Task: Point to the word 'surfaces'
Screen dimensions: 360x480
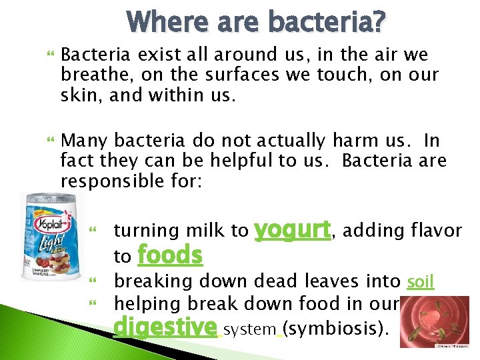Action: (228, 75)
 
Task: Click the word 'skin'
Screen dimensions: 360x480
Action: (79, 95)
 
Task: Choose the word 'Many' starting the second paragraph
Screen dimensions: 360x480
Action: (84, 141)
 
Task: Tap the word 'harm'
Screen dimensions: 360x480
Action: (358, 141)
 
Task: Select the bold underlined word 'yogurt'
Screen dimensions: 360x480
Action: (293, 230)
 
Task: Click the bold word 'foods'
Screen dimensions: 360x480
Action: (169, 255)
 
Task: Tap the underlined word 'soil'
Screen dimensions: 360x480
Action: (420, 282)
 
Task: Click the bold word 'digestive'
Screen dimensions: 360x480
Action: (165, 329)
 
